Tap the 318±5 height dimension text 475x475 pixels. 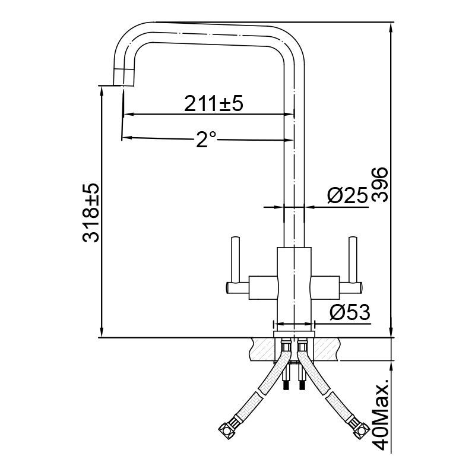click(x=91, y=213)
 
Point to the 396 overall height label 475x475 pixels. click(x=380, y=185)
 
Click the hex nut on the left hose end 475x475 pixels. click(x=229, y=427)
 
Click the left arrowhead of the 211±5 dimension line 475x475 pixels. click(x=126, y=114)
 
